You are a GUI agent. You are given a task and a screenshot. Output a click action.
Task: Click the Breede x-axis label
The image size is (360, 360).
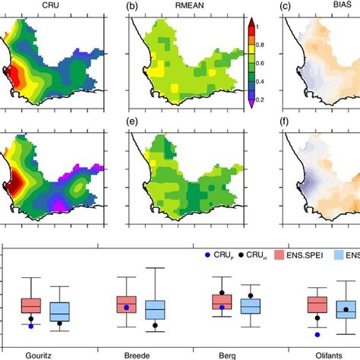click(x=137, y=354)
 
